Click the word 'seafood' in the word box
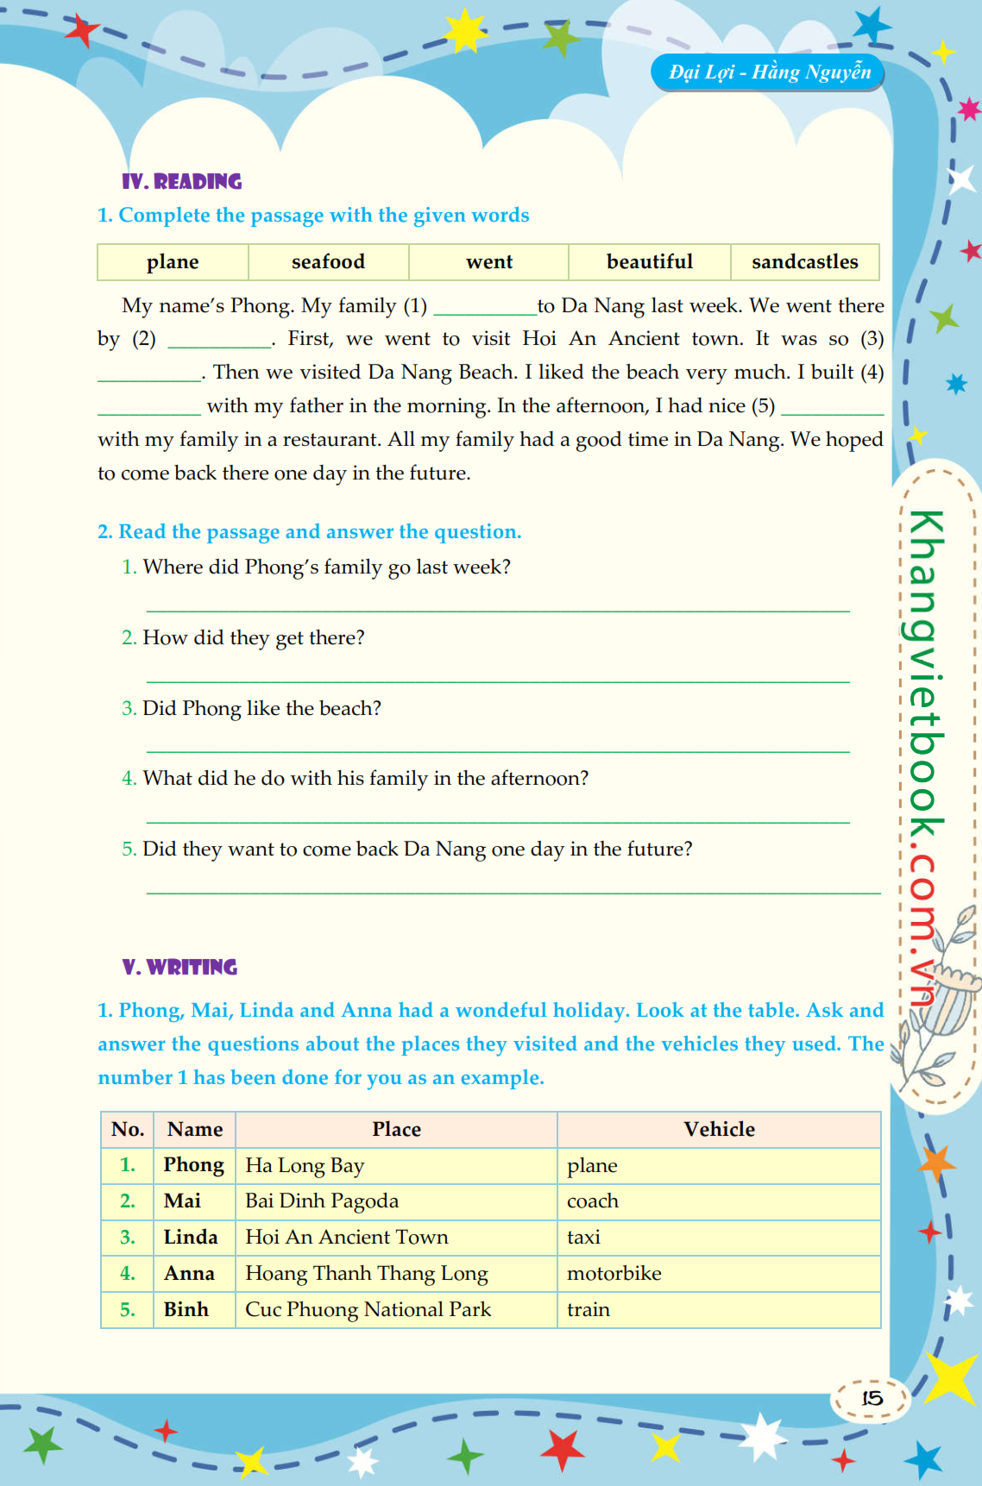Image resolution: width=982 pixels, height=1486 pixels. (328, 262)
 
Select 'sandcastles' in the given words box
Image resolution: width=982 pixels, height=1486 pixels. (804, 262)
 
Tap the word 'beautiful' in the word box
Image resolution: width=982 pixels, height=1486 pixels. (649, 262)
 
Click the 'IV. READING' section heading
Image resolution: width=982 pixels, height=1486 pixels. (182, 182)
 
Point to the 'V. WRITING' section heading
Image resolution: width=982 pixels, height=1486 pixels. (179, 968)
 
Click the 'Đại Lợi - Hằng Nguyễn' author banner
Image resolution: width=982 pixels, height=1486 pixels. (769, 72)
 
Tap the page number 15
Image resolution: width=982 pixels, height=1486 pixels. (872, 1397)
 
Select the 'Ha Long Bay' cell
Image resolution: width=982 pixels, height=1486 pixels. (305, 1166)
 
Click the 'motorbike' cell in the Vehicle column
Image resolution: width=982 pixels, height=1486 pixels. (614, 1274)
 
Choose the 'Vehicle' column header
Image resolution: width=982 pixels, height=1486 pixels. (719, 1130)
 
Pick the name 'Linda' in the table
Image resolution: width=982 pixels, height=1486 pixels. (191, 1238)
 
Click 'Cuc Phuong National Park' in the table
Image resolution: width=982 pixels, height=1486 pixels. (368, 1310)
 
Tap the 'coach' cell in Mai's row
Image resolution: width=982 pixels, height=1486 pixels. (593, 1201)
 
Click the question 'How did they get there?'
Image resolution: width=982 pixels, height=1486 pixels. (253, 638)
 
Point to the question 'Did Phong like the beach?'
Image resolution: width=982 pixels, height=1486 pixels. (261, 709)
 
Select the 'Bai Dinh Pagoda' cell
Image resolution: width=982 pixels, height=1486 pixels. (322, 1201)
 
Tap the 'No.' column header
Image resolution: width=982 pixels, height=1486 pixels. (128, 1130)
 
